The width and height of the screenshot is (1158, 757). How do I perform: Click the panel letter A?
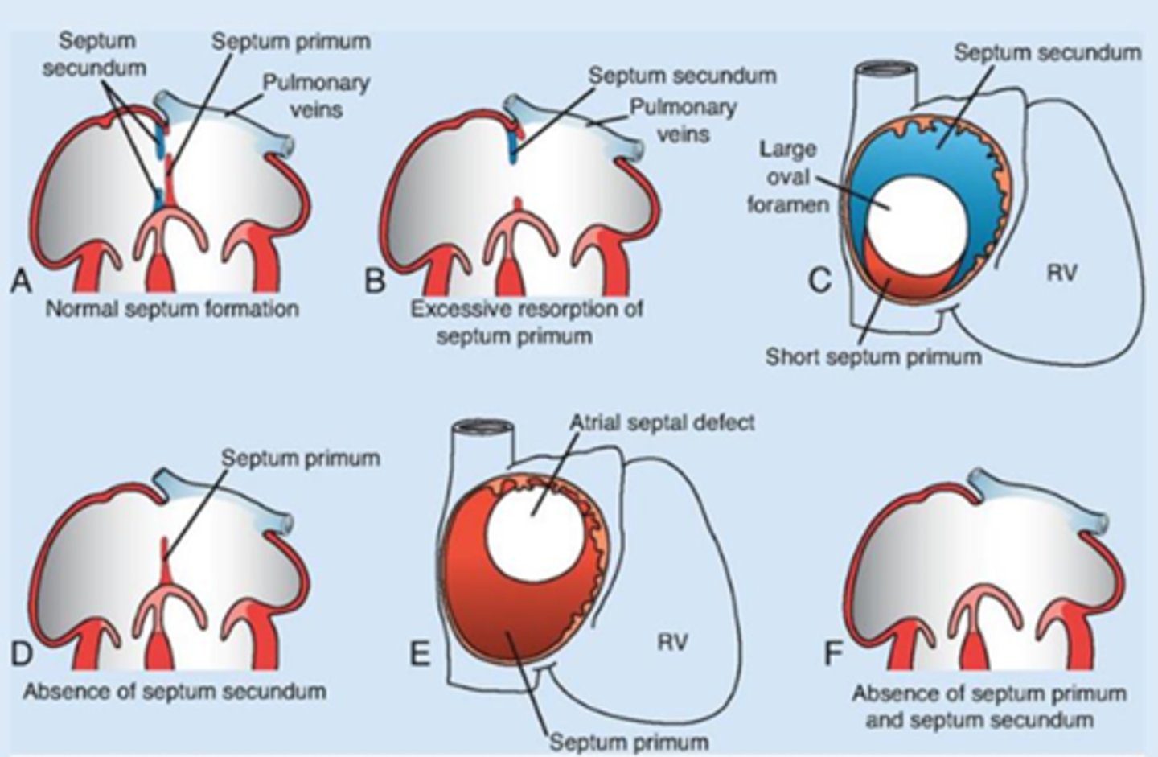(22, 282)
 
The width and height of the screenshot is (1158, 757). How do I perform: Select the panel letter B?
(375, 282)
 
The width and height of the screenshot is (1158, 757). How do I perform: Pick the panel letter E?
(420, 656)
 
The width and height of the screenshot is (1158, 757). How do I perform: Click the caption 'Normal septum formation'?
(171, 309)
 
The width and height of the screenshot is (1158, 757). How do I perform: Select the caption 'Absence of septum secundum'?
(175, 691)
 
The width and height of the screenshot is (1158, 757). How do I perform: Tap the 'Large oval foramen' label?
(788, 177)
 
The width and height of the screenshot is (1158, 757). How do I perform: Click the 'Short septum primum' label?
(873, 356)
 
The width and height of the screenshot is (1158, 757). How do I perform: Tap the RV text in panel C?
(1061, 274)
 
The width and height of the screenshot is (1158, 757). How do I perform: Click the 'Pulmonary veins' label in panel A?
(316, 95)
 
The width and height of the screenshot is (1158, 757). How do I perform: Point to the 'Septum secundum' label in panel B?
(682, 76)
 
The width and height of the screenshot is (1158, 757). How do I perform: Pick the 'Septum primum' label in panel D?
(300, 459)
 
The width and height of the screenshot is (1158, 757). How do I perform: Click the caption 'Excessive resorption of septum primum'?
(527, 322)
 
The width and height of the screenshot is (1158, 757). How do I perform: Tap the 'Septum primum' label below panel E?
(629, 741)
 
